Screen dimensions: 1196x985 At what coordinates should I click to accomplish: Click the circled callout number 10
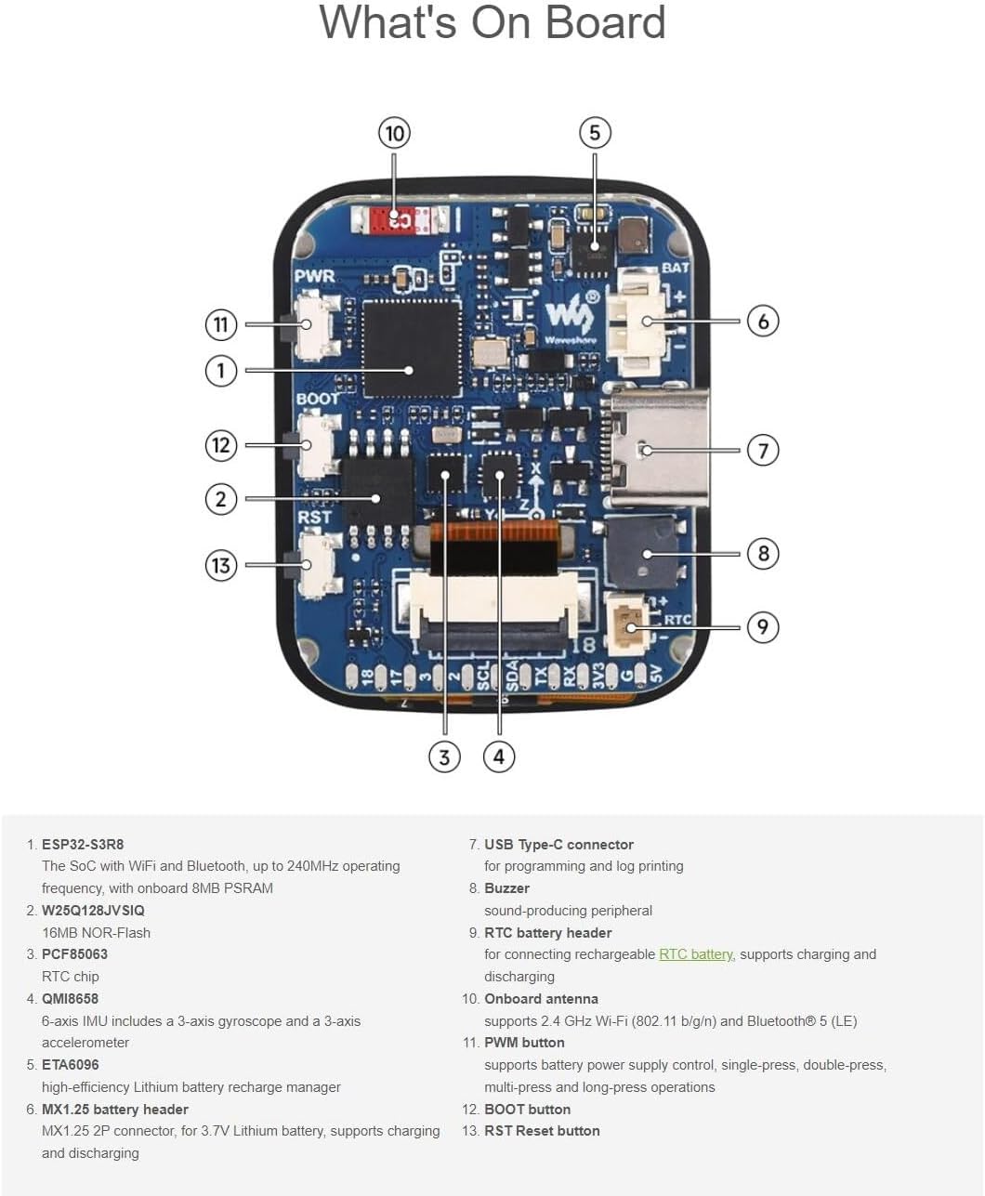pos(395,133)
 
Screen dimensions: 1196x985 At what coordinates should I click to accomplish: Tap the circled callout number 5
pos(595,133)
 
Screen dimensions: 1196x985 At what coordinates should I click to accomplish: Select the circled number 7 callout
pos(763,451)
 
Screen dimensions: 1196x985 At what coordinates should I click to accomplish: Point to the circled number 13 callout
pos(220,565)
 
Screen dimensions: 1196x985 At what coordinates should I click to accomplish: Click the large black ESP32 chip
pos(412,346)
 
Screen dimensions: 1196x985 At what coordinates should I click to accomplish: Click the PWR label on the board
pos(314,276)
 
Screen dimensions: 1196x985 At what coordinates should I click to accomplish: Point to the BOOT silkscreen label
pos(318,398)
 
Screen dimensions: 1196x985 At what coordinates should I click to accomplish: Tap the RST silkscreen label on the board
pos(314,517)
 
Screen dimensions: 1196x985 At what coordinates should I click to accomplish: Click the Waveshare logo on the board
pos(568,318)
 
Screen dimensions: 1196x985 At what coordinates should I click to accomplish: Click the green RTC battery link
pos(696,954)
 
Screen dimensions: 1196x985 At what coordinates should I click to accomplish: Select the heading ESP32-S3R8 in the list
pos(83,845)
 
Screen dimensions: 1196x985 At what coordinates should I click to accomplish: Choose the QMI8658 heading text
pos(70,999)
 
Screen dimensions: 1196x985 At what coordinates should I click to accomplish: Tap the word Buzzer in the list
pos(506,888)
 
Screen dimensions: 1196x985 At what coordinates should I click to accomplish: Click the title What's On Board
pos(492,22)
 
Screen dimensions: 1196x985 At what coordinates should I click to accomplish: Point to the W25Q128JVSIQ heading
pos(93,911)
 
